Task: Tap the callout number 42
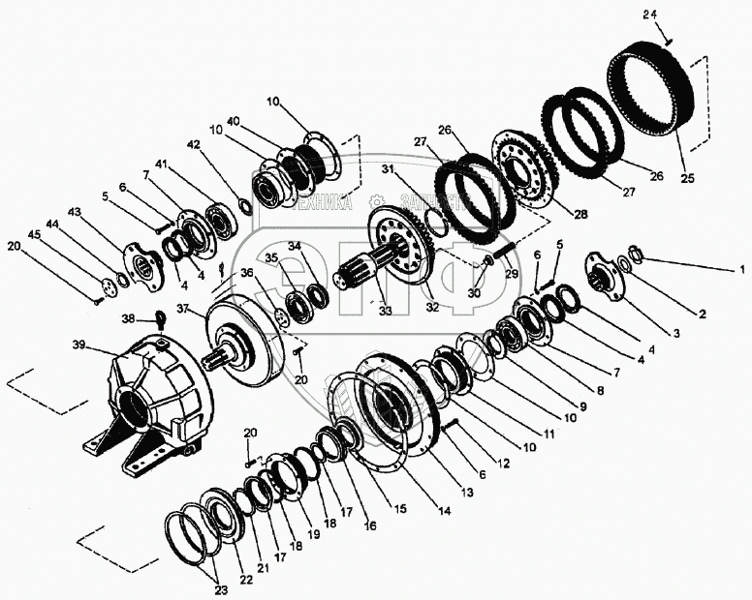pyautogui.click(x=195, y=145)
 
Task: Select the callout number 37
pyautogui.click(x=183, y=309)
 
